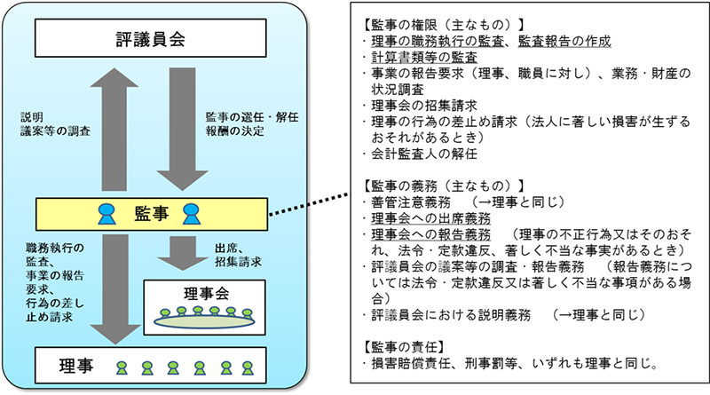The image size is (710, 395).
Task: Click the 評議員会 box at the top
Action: [x=151, y=40]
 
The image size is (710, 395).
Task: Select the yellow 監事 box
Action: [x=151, y=212]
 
